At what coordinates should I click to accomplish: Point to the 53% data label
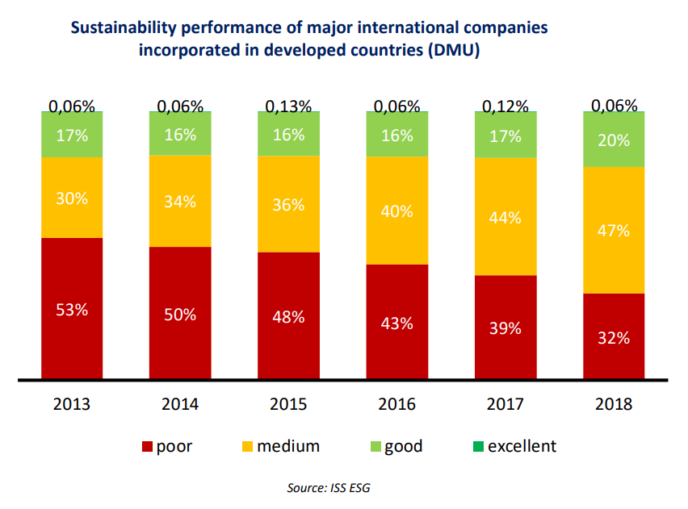(x=72, y=309)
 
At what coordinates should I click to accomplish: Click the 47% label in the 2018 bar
(x=614, y=232)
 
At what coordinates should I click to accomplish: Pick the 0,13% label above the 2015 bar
(x=288, y=106)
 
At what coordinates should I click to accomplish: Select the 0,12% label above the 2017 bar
(x=506, y=106)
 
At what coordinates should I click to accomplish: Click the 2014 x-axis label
(x=180, y=404)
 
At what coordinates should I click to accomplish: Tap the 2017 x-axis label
(x=506, y=404)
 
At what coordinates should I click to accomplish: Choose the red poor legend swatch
(x=147, y=447)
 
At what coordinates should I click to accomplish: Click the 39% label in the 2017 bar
(x=506, y=329)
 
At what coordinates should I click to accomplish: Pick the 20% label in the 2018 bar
(x=614, y=140)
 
